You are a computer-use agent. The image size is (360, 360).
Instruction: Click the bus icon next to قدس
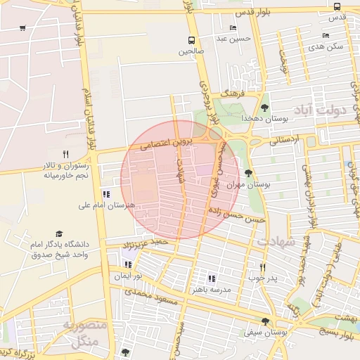pyautogui.click(x=338, y=6)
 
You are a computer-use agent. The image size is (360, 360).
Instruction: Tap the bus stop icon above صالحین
pyautogui.click(x=191, y=40)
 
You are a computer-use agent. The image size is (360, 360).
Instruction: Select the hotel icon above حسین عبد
pyautogui.click(x=233, y=28)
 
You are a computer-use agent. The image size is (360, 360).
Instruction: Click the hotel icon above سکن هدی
pyautogui.click(x=326, y=35)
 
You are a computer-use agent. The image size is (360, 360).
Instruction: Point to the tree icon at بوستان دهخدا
pyautogui.click(x=264, y=108)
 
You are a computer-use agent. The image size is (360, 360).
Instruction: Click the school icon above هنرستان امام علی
pyautogui.click(x=106, y=194)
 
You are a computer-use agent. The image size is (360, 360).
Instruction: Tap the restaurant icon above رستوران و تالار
pyautogui.click(x=65, y=154)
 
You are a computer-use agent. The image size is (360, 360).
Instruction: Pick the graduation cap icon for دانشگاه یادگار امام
pyautogui.click(x=59, y=234)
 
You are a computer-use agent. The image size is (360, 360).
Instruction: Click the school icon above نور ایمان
pyautogui.click(x=127, y=265)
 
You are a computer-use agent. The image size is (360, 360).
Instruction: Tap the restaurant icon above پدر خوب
pyautogui.click(x=262, y=267)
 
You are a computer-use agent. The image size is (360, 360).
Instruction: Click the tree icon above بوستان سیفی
pyautogui.click(x=264, y=321)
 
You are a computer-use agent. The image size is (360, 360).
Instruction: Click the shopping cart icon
pyautogui.click(x=23, y=28)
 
